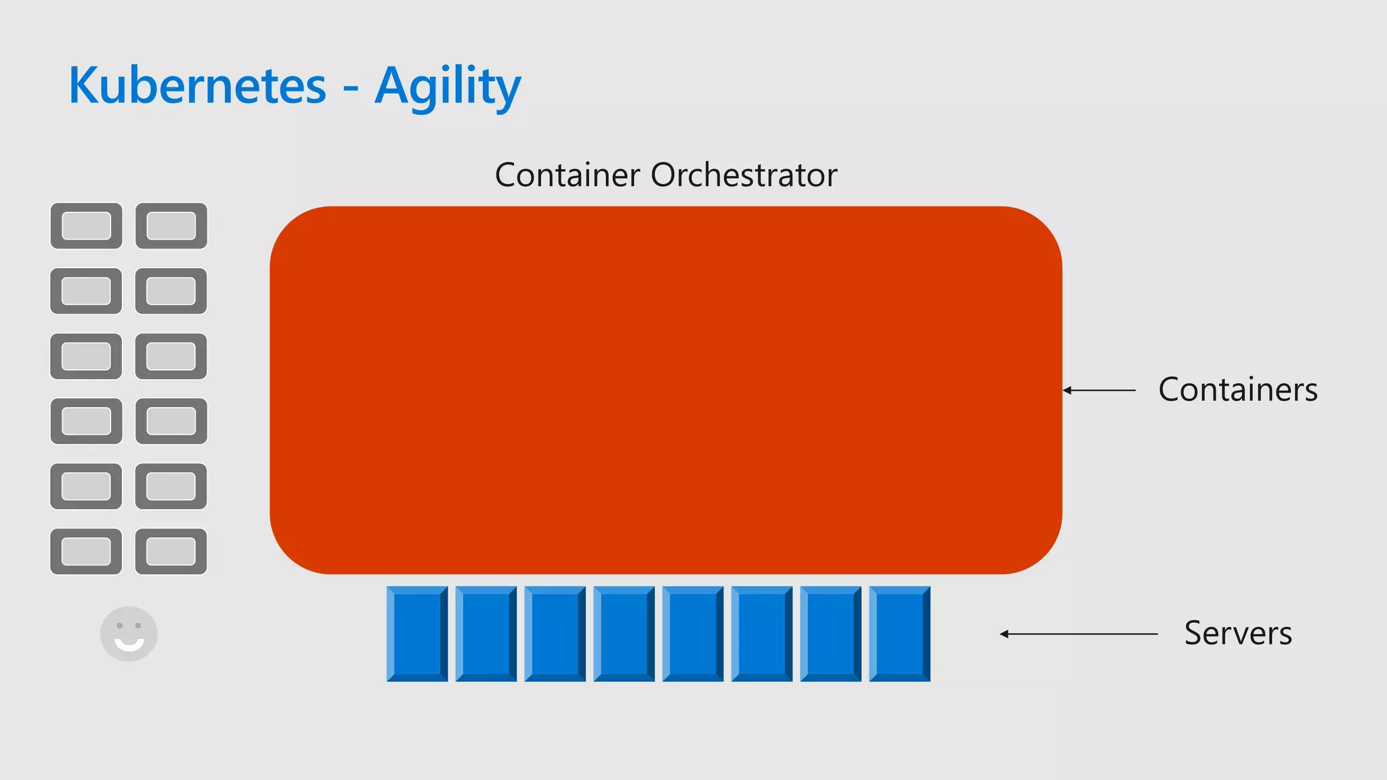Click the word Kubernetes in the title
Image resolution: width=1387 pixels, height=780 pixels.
(x=197, y=86)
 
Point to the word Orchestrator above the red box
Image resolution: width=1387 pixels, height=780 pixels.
(x=744, y=175)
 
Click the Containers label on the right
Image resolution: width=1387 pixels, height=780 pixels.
(x=1238, y=389)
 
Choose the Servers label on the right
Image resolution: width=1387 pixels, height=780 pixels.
(x=1238, y=633)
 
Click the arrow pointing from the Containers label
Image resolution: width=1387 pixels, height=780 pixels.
(x=1099, y=390)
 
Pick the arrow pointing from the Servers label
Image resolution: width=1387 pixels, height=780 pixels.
(x=1079, y=634)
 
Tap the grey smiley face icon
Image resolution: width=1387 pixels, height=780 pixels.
(x=129, y=634)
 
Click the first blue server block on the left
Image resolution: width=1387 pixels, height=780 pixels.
(x=417, y=634)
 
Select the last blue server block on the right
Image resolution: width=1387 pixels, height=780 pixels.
(x=899, y=634)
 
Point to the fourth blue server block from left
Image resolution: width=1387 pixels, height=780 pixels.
(x=624, y=634)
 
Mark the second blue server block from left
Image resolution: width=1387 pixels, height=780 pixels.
(x=486, y=634)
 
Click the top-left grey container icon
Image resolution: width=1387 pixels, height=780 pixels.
(x=86, y=225)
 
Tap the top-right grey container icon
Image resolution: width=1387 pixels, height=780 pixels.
(x=171, y=225)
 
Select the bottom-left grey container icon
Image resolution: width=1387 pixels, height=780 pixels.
(x=86, y=551)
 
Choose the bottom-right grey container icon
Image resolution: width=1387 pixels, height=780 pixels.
(x=171, y=551)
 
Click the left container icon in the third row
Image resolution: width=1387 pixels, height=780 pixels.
(x=86, y=356)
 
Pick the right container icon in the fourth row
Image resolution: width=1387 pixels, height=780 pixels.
(x=171, y=421)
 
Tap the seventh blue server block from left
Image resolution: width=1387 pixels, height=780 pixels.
(x=830, y=634)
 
